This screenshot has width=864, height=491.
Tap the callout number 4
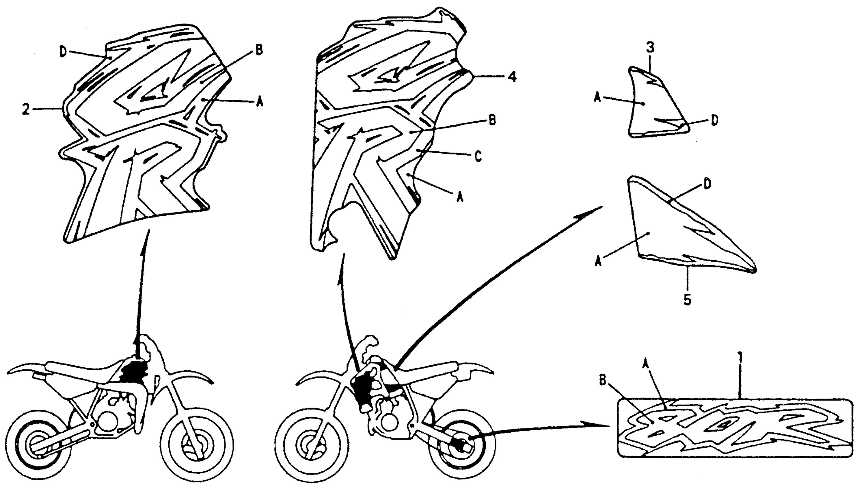tap(512, 77)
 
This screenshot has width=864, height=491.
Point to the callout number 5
tap(687, 300)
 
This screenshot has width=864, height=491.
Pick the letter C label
tap(478, 157)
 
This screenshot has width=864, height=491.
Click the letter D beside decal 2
tap(63, 52)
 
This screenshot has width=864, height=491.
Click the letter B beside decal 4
tap(492, 121)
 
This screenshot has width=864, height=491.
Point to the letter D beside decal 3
tap(714, 120)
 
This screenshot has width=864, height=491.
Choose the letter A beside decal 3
tap(598, 99)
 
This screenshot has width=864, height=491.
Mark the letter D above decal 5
tap(707, 184)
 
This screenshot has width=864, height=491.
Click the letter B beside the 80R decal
tap(602, 380)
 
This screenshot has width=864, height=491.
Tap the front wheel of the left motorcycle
tap(197, 447)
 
